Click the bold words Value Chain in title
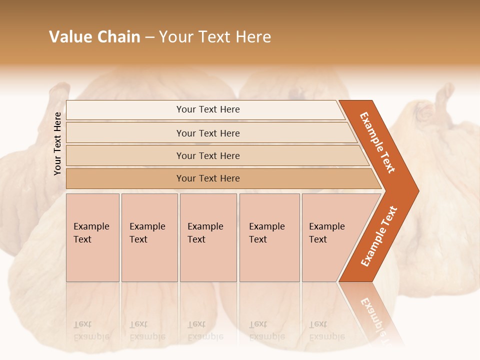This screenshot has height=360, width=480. pos(94,37)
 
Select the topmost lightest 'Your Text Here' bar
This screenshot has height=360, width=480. pos(207,109)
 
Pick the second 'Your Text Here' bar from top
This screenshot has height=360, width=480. pos(207,133)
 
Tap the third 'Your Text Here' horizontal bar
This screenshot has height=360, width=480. pos(207,155)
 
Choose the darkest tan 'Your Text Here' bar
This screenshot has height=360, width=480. pos(207,178)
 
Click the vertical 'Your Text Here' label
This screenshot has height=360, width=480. pos(58,143)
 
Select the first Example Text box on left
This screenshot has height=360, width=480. pos(92,237)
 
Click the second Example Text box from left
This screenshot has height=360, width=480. pos(149,237)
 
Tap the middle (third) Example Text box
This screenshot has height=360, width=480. pos(208,237)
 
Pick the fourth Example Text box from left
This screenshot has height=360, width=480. pos(269,237)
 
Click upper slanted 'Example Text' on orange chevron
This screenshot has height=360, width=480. pos(377,142)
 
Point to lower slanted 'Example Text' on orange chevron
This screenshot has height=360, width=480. pos(379,236)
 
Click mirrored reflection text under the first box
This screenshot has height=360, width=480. pos(91,330)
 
